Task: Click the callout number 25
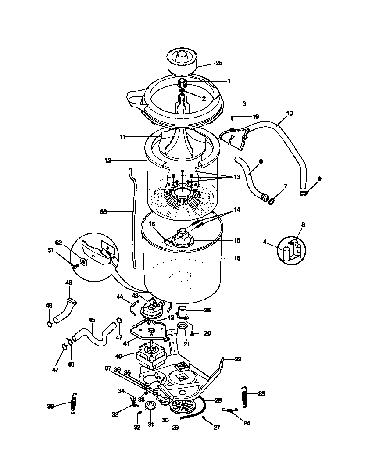tap(219, 63)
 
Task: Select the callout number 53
tap(103, 212)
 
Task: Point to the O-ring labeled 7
tap(272, 201)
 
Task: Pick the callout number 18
tap(237, 258)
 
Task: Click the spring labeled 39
tap(74, 402)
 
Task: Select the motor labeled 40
tap(150, 355)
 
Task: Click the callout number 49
tap(69, 282)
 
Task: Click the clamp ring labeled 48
tap(50, 324)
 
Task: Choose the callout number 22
tap(238, 359)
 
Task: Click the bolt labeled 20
tap(192, 334)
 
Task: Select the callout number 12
tap(107, 161)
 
